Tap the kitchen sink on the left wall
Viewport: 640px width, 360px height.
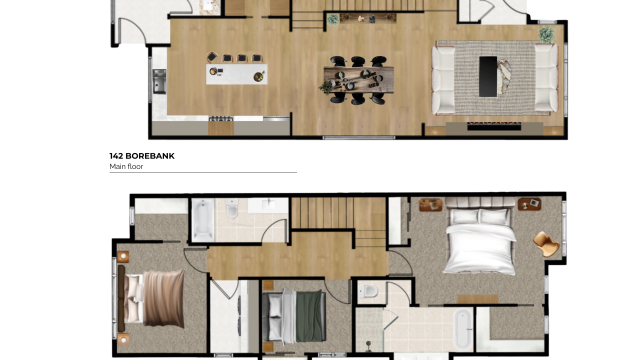159,81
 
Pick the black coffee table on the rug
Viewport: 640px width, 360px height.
488,75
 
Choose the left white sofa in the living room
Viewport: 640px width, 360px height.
444,79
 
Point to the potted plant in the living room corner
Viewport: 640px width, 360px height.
547,34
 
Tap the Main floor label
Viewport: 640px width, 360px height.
127,168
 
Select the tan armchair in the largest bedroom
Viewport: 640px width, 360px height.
545,242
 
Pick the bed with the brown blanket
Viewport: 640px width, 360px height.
152,295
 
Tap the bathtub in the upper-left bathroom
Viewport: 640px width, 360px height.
201,220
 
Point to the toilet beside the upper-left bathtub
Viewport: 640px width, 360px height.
231,213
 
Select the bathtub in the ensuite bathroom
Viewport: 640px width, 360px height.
462,328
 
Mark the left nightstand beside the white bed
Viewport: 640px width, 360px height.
430,206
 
